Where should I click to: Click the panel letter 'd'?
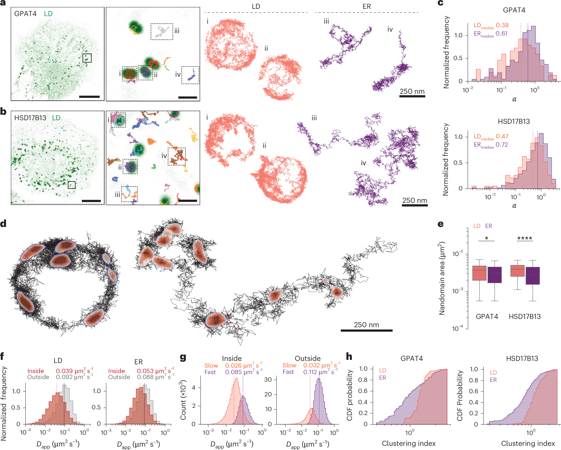4,224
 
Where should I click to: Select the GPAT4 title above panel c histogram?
514,10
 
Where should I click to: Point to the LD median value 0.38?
502,25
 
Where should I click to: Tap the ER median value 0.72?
502,145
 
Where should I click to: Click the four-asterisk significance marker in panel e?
525,238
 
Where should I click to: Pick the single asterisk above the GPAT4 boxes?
486,238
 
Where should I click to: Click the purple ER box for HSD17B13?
532,276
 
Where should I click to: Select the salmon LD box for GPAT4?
479,273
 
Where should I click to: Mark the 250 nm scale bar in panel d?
366,330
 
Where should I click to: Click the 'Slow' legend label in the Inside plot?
211,366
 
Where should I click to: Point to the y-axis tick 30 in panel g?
268,379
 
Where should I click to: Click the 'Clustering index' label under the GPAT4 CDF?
409,443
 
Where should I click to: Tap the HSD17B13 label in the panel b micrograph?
30,118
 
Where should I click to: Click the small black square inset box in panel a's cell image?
87,58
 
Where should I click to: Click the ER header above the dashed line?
367,6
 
